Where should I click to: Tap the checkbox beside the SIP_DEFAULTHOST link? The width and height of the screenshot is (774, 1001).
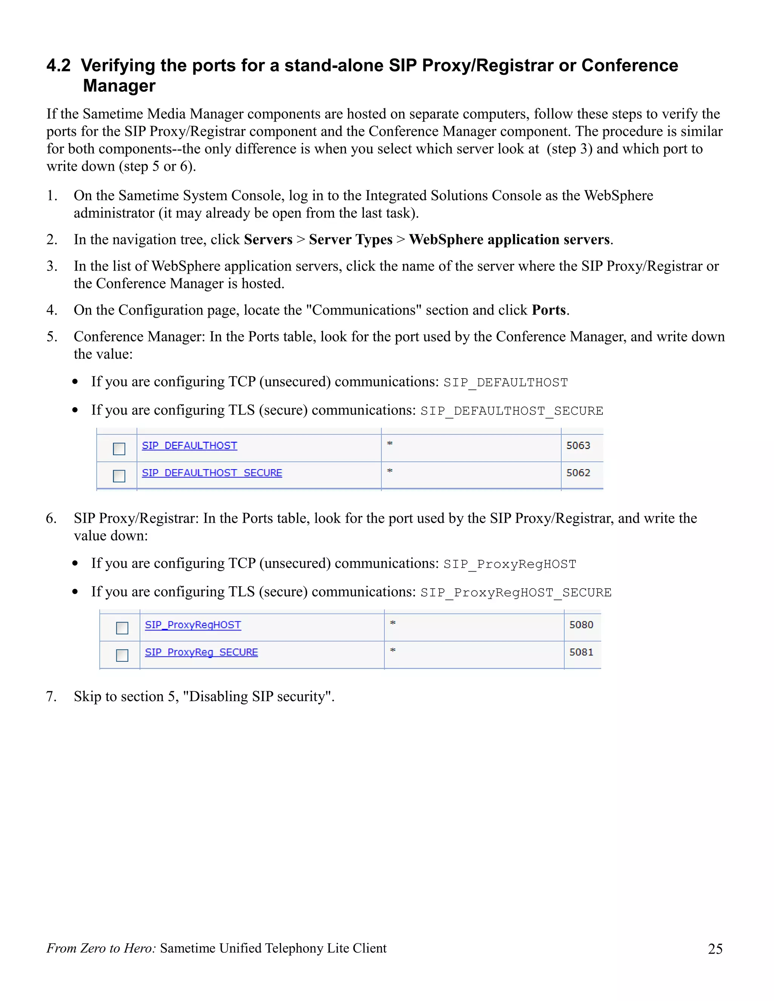click(x=119, y=449)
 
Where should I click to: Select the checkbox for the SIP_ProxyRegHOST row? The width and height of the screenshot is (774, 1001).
click(x=122, y=628)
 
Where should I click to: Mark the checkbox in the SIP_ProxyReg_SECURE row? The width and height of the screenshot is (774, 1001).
click(x=122, y=655)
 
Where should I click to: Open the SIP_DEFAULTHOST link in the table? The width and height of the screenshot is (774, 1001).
click(x=189, y=445)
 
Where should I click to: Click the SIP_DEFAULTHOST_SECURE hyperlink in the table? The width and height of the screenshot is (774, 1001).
click(x=212, y=473)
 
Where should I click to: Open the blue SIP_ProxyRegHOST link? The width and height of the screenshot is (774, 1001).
click(x=193, y=625)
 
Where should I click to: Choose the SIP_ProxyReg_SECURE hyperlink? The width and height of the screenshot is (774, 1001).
click(x=201, y=652)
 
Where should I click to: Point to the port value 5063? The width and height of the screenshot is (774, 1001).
click(x=578, y=445)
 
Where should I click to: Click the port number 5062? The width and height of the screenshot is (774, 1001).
click(x=578, y=473)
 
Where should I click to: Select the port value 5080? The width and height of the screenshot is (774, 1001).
click(x=581, y=625)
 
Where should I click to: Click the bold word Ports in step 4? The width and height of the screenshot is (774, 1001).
click(x=548, y=310)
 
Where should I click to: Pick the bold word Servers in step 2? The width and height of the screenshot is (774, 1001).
click(x=268, y=240)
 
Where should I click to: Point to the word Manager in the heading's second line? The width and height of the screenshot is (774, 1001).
click(x=119, y=86)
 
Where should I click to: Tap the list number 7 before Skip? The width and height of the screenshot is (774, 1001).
click(x=51, y=697)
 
